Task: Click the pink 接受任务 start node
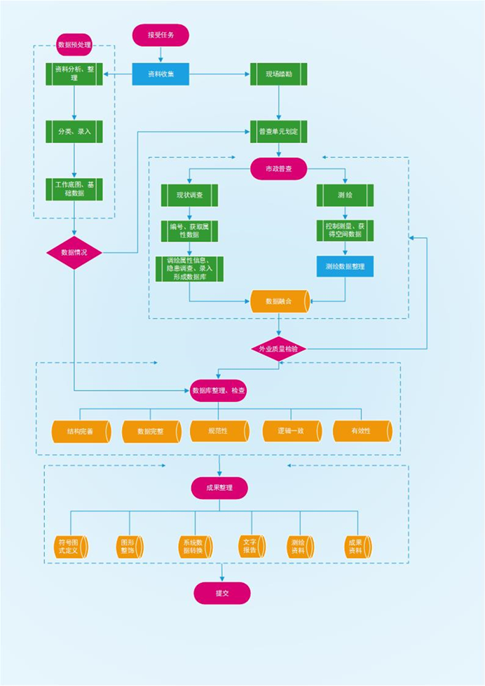160,35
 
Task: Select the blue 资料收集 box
160,74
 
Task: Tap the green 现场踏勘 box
279,74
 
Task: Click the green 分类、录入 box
74,131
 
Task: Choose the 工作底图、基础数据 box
74,188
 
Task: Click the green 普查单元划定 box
279,131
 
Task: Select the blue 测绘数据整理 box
344,266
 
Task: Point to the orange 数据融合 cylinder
279,301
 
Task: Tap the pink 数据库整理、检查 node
219,390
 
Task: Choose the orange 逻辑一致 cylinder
292,431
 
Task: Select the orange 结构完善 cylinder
81,431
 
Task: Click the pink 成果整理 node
219,488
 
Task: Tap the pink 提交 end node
222,593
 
